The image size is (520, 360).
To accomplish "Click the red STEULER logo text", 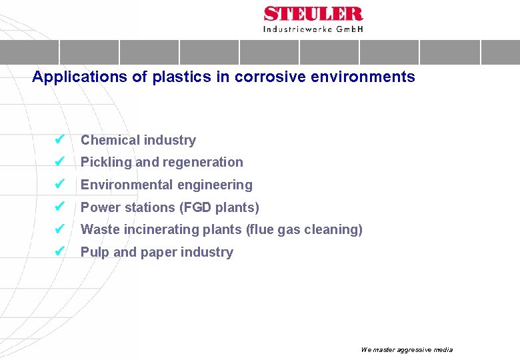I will tap(313, 14).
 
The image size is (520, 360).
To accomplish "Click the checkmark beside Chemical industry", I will tap(59, 140).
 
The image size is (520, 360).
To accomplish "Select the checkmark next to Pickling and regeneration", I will tap(59, 162).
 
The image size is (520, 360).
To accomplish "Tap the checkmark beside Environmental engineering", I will tap(59, 185).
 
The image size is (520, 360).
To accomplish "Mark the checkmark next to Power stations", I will tap(59, 207).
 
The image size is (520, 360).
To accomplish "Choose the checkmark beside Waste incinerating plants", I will tap(59, 229).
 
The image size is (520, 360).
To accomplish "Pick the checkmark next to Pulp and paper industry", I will tap(59, 252).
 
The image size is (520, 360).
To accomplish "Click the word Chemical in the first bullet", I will tap(107, 140).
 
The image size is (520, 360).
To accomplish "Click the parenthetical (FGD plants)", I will tap(220, 207).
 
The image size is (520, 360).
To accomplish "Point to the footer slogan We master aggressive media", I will tap(406, 349).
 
